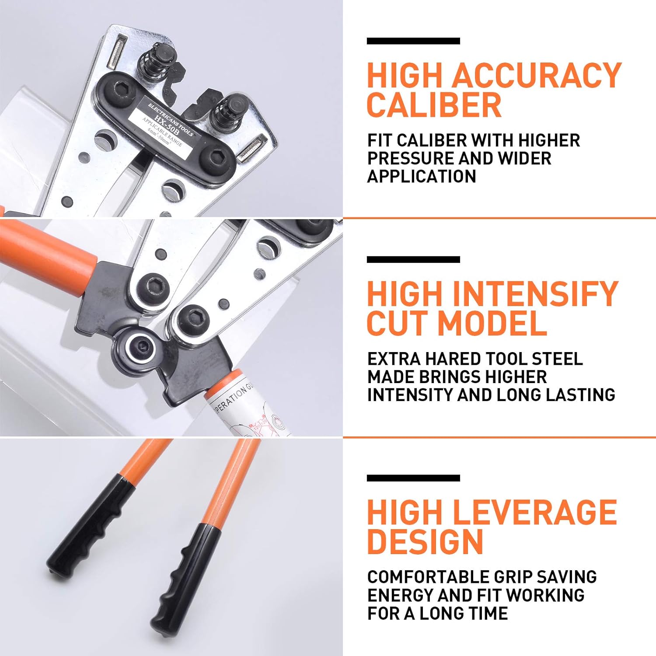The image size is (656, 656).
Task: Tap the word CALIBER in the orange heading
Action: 434,105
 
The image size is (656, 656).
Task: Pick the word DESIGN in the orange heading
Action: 425,542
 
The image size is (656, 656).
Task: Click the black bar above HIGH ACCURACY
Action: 413,41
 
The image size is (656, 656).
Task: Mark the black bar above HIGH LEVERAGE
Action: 413,478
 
